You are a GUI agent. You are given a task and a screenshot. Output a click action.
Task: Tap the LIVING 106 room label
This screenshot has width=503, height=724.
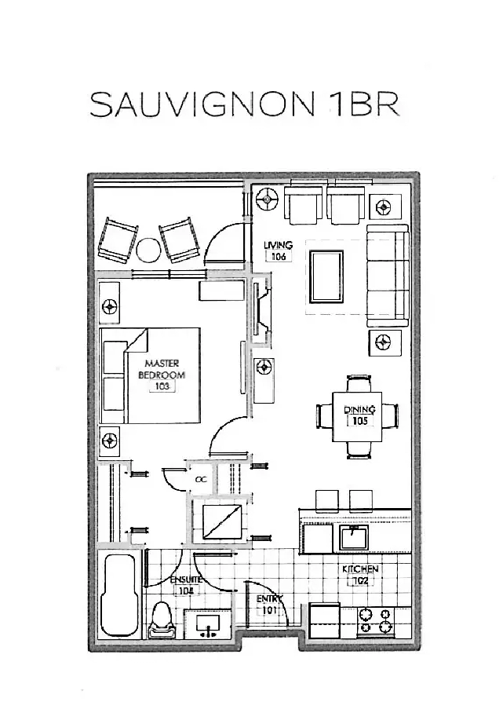point(278,250)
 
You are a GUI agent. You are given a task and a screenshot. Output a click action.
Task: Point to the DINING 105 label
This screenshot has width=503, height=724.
point(360,415)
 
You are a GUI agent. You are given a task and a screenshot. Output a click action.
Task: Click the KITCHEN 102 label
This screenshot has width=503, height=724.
point(360,575)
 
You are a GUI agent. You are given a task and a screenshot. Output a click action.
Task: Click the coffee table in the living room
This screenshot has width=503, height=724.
point(326,276)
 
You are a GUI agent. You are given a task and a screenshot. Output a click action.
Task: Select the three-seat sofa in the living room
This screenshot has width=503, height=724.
point(388,276)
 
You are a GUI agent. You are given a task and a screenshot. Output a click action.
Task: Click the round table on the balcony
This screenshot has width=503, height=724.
point(148,251)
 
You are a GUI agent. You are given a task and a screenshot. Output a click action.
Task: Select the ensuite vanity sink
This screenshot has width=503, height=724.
point(207,624)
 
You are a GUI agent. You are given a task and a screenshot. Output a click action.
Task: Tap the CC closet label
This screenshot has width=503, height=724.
point(200,477)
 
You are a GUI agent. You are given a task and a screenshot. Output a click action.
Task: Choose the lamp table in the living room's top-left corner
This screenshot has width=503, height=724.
point(268,199)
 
